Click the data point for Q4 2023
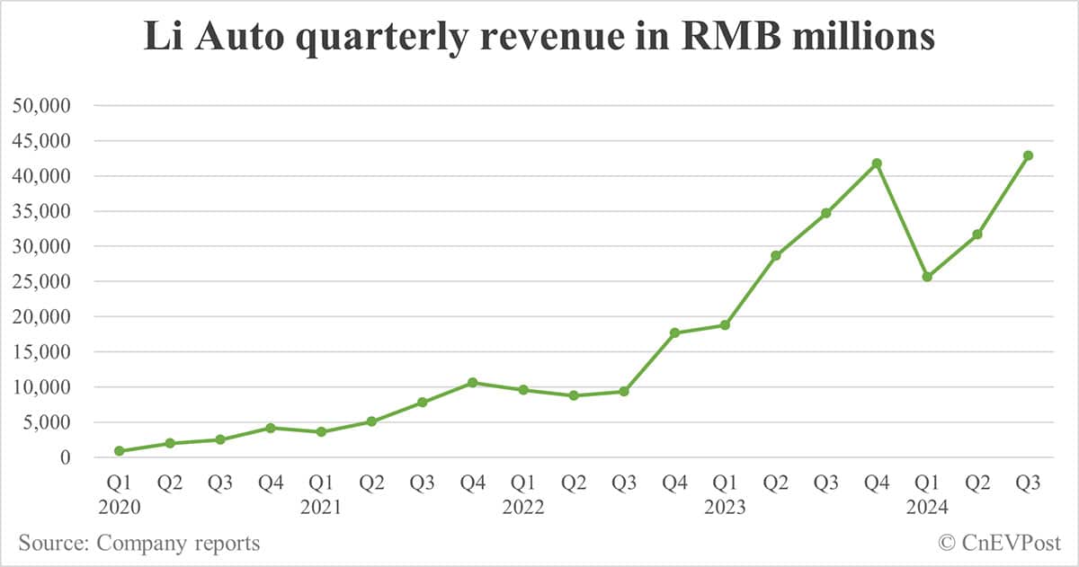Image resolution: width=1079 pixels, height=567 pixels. click(x=877, y=164)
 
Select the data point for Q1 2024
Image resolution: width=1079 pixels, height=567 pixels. click(x=927, y=277)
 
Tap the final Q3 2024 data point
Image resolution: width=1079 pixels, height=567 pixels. click(x=1028, y=155)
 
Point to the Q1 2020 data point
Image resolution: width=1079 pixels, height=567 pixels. click(x=120, y=451)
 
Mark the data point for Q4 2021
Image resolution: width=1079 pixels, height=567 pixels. click(x=473, y=383)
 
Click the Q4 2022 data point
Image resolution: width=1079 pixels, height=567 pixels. click(x=674, y=332)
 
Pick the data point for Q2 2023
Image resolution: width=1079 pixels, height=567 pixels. click(x=775, y=255)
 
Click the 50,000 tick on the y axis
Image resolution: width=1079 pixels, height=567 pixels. click(x=45, y=106)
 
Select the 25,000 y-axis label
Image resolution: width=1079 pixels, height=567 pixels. click(x=45, y=281)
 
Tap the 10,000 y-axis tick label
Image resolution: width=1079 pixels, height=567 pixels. click(x=45, y=387)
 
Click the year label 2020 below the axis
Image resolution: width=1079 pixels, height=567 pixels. click(x=120, y=508)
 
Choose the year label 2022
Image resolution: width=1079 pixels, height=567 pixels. click(x=523, y=508)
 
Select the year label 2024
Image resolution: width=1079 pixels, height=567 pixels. click(x=927, y=508)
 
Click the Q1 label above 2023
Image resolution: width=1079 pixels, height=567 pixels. click(x=725, y=483)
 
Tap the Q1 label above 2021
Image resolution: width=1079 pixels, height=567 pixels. click(x=321, y=483)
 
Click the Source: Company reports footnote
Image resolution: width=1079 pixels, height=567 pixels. click(x=139, y=543)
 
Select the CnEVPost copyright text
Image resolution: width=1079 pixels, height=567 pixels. click(x=1000, y=543)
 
